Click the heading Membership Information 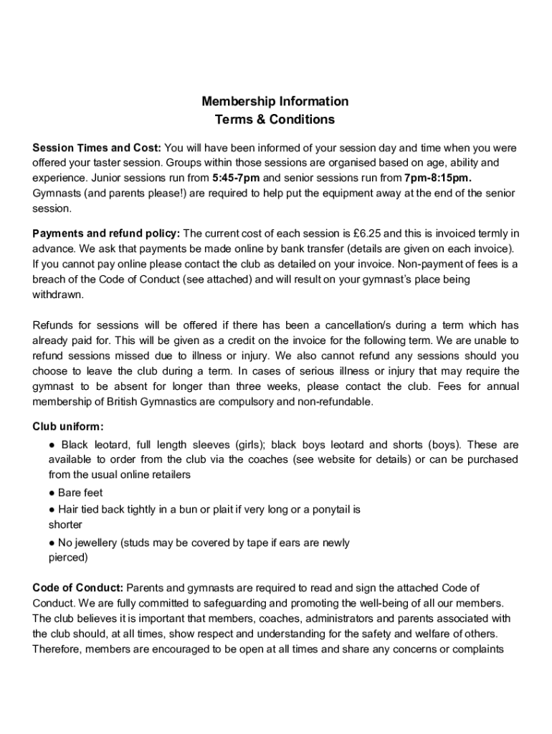[275, 101]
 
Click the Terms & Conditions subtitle [275, 120]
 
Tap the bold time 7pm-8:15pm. [437, 178]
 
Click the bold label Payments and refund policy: [107, 233]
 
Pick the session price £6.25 [368, 233]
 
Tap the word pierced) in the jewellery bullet [68, 557]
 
